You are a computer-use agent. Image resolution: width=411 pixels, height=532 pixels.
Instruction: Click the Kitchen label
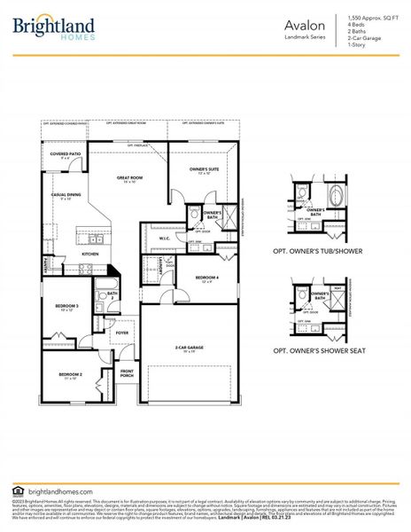tap(90, 254)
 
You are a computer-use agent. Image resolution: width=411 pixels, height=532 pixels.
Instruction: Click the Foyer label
tap(121, 333)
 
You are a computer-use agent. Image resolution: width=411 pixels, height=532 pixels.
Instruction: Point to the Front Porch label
tap(127, 372)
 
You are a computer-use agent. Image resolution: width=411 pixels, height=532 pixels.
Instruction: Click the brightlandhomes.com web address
tap(61, 489)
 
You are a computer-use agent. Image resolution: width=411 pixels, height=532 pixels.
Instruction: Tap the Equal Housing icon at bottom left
tap(19, 489)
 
